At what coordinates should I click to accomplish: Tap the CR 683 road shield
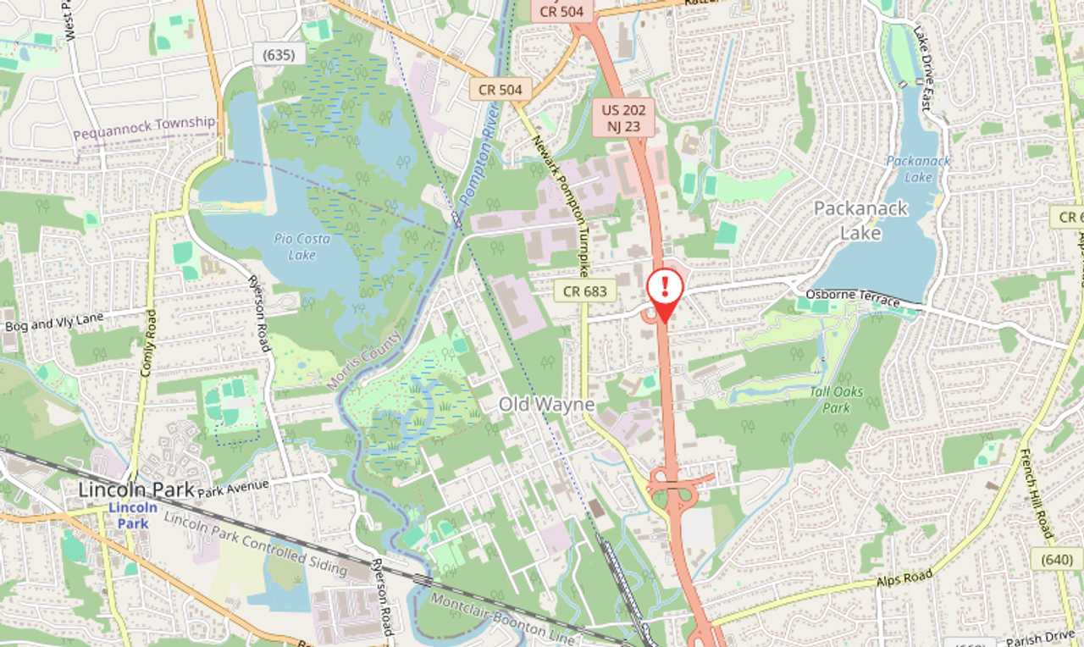[584, 291]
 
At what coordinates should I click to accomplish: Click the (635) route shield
[278, 55]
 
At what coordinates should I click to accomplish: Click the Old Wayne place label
[546, 405]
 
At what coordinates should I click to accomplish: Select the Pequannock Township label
[144, 129]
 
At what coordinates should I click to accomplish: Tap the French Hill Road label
[1036, 493]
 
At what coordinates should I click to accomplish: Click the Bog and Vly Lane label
[53, 322]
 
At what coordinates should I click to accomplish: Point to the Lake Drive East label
[922, 68]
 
